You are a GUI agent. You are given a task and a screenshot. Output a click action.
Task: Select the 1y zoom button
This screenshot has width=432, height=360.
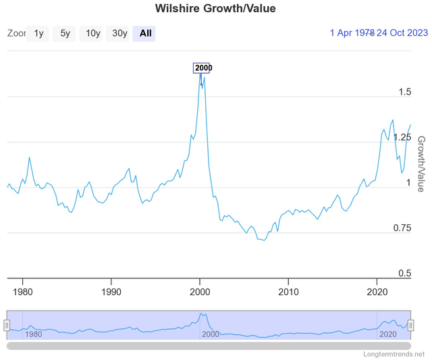[x=38, y=33]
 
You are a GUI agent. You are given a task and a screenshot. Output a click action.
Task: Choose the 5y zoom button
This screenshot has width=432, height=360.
[x=65, y=33]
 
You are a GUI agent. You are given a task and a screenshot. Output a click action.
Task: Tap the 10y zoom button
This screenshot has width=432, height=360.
[x=92, y=33]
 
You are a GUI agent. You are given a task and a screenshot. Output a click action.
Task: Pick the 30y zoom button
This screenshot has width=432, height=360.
[x=119, y=33]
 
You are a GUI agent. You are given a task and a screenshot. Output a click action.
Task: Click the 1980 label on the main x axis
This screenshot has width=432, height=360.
[x=22, y=292]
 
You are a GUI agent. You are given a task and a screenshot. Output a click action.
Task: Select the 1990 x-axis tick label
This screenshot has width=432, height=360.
[x=111, y=292]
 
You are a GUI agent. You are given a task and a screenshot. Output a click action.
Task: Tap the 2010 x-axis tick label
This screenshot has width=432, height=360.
[x=289, y=292]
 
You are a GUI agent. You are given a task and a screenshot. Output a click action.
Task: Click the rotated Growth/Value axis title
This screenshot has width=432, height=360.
[x=421, y=163]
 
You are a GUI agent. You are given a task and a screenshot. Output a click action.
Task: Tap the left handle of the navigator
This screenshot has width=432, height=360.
[x=7, y=326]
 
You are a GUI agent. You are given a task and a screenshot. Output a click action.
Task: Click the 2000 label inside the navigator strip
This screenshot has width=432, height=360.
[x=211, y=334]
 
